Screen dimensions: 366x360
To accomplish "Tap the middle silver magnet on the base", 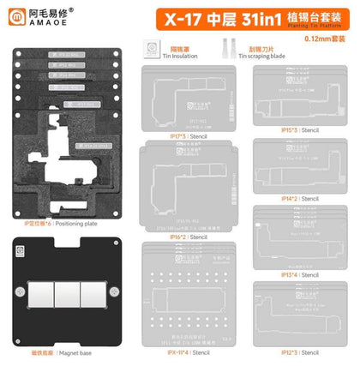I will click(71, 289).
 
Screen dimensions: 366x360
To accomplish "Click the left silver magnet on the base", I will click(41, 289).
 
